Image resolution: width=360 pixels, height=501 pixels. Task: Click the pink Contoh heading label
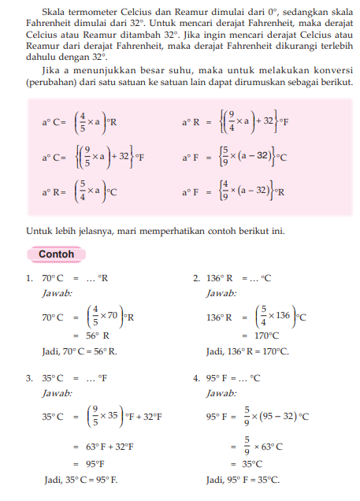pos(56,254)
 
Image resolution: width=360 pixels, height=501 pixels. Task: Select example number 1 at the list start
pos(28,278)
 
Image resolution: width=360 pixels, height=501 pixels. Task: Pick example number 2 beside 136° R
pos(196,278)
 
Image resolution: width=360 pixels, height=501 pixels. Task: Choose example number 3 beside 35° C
pos(28,378)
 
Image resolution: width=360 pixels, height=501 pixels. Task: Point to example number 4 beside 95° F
pos(196,378)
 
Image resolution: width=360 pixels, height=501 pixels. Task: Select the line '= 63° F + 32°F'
pos(102,446)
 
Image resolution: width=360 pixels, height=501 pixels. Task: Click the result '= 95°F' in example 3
pos(89,463)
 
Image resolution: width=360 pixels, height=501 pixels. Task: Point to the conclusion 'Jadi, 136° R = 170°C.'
pos(247,351)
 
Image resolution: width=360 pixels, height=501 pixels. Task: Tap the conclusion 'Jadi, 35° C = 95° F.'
pos(80,479)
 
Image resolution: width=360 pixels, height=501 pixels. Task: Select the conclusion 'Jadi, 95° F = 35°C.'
pos(243,479)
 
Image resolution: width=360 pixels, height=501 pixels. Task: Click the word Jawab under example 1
pos(56,292)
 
